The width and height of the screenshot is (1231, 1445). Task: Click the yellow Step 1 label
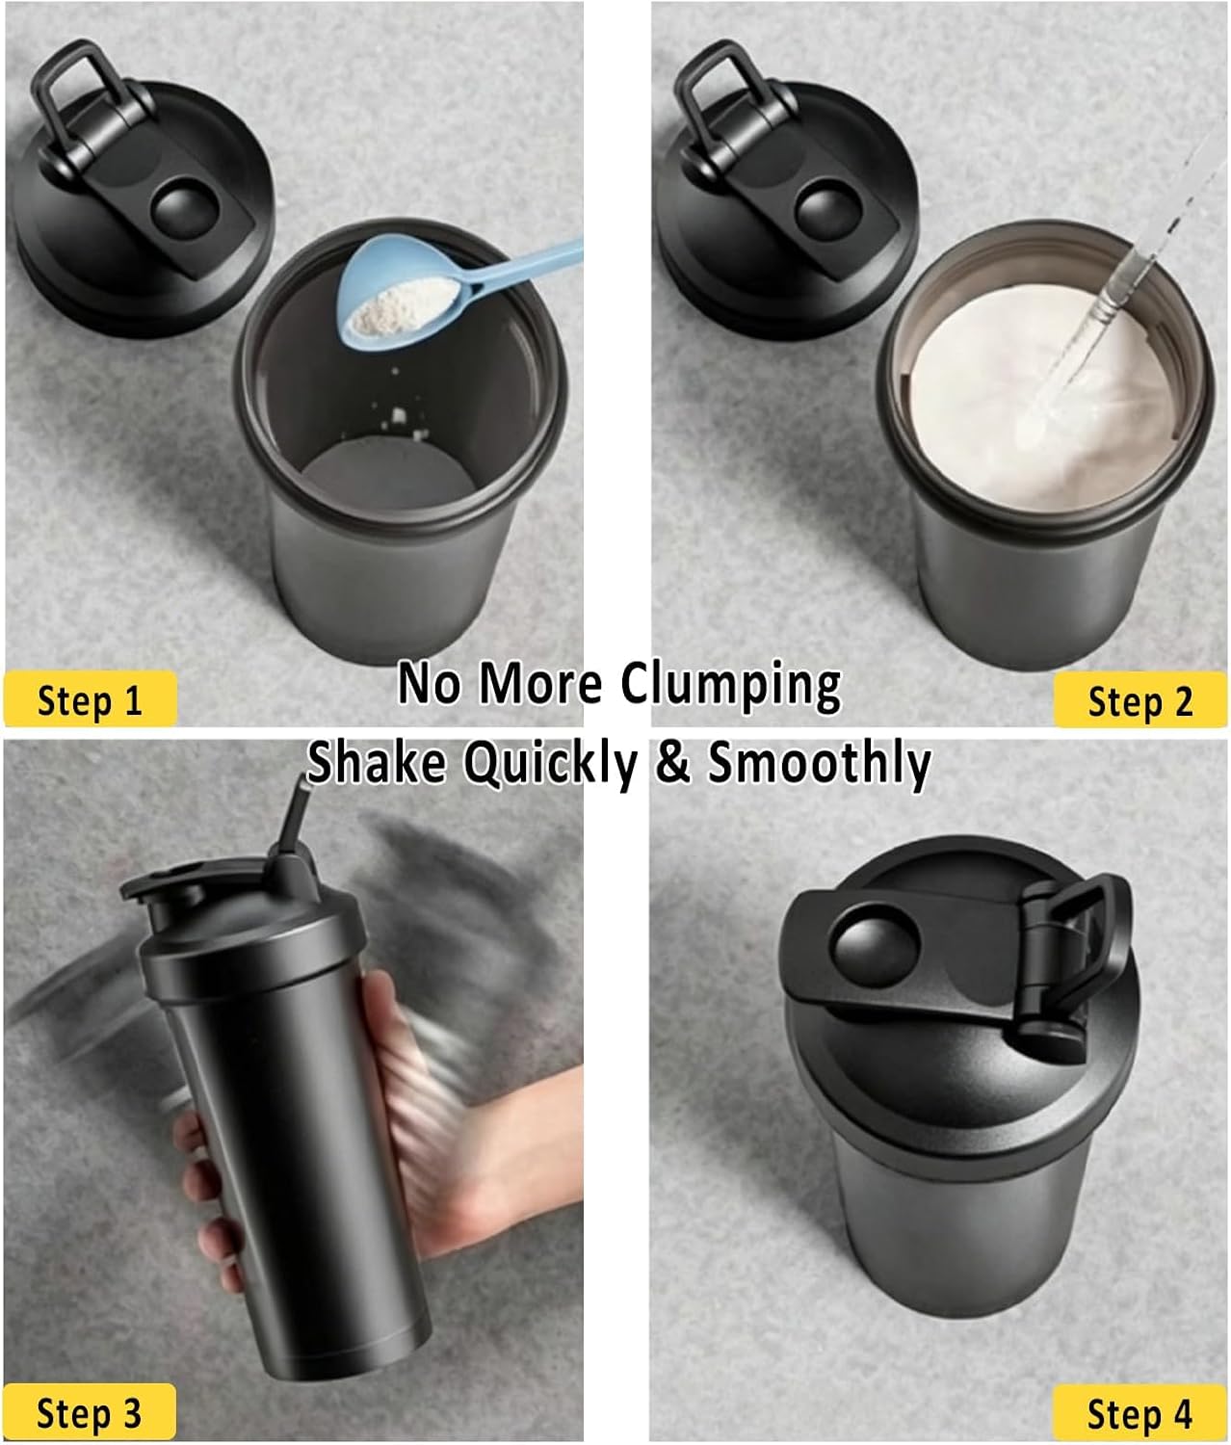(90, 698)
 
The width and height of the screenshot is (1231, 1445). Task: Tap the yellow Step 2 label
(1140, 699)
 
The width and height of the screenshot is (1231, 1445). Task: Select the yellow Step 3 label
(90, 1411)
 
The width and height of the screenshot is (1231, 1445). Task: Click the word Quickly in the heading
(551, 763)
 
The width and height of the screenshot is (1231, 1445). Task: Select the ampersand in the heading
(673, 763)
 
